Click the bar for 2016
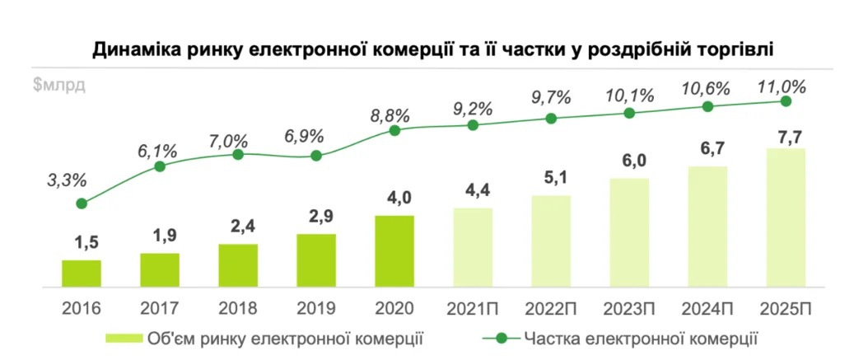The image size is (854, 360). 82,273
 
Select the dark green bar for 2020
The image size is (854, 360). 394,250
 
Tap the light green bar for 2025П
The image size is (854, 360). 786,217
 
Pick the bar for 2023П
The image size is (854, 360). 629,232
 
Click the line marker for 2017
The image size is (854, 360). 160,166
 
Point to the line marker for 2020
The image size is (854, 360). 394,130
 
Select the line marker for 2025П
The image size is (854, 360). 786,101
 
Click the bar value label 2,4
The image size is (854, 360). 238,227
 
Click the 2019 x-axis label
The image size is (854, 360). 316,309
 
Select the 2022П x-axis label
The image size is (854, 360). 551,309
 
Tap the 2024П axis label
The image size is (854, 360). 707,309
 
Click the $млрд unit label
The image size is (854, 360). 59,85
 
